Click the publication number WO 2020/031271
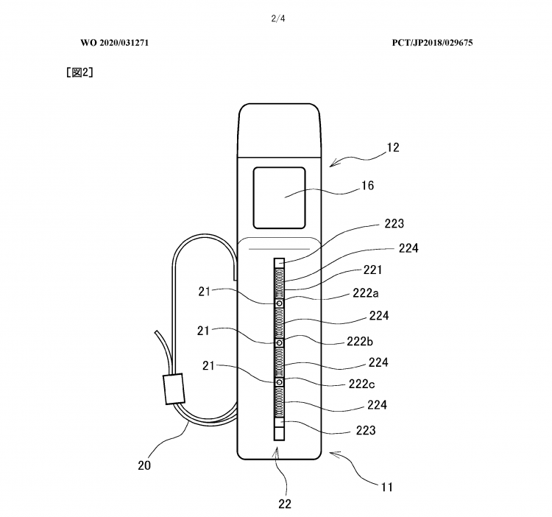pos(114,43)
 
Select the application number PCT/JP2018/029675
pos(432,43)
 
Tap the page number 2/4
pos(278,18)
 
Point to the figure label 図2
pos(80,72)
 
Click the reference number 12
pos(393,147)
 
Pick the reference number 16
pos(367,186)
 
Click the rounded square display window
pos(279,198)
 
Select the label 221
pos(372,270)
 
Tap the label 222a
pos(366,293)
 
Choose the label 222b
pos(360,341)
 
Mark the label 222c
pos(361,384)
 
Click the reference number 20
pos(144,465)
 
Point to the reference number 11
pos(387,487)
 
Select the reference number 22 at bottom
pos(285,504)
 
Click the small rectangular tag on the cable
pos(174,389)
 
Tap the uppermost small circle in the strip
pos(280,303)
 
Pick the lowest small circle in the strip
pos(280,382)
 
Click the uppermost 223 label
pos(394,224)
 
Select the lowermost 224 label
pos(377,405)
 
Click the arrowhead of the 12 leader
pos(333,163)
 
